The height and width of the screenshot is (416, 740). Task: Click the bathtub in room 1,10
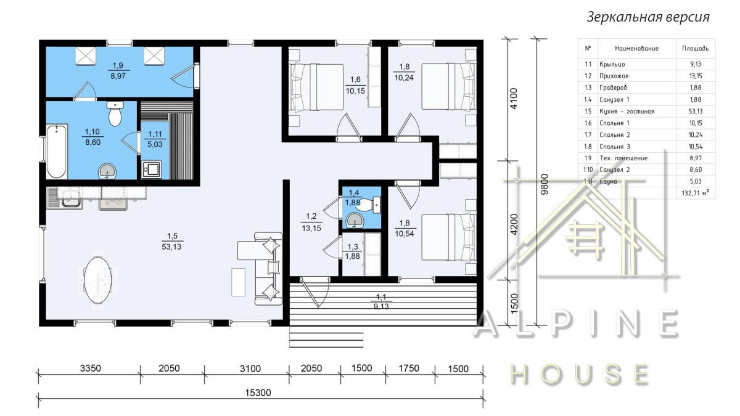57,152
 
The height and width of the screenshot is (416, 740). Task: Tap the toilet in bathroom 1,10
115,113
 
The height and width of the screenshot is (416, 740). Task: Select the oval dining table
97,280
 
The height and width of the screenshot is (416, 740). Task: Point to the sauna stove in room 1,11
151,169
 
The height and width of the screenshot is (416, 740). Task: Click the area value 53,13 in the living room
171,247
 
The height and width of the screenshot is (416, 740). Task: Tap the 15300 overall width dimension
258,393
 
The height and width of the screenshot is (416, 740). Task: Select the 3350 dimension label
90,368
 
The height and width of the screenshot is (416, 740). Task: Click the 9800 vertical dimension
545,184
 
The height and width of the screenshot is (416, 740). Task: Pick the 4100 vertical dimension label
514,99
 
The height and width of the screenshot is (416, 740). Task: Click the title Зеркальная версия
648,17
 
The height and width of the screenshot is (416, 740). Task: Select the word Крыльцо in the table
612,64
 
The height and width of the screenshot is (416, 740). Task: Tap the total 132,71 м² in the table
696,193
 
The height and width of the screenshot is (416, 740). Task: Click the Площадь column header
696,49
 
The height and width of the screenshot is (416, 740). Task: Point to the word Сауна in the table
608,181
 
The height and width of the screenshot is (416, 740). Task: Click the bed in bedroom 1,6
316,87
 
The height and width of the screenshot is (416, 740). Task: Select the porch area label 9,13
381,306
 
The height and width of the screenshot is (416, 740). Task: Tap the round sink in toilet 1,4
354,220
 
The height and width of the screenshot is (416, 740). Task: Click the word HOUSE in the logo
579,375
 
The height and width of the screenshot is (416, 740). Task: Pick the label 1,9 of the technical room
118,65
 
